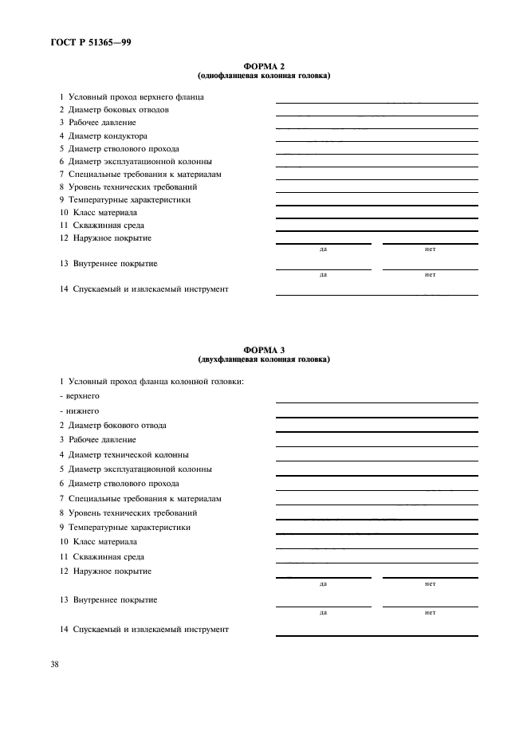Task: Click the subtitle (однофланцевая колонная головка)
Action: point(263,77)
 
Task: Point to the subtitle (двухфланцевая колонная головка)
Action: point(263,359)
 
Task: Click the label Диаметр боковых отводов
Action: point(113,110)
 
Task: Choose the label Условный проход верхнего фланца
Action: point(131,97)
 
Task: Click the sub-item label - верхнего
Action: point(80,396)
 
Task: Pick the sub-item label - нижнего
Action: point(79,410)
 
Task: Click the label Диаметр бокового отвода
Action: point(112,426)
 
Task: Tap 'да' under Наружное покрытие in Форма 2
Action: point(323,249)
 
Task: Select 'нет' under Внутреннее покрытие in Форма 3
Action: point(430,612)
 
